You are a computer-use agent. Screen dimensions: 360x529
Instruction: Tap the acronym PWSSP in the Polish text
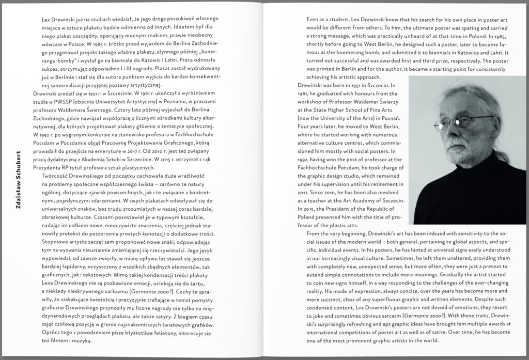pyautogui.click(x=60, y=102)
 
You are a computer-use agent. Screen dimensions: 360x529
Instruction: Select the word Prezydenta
pyautogui.click(x=43, y=167)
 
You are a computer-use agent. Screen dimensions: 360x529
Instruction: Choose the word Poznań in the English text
pyautogui.click(x=386, y=118)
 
